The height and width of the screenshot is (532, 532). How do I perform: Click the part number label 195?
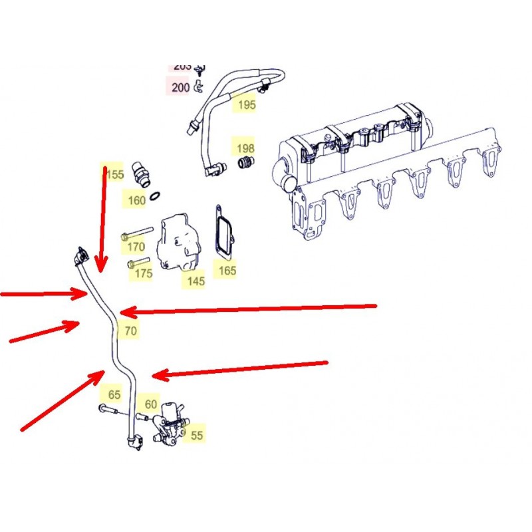(x=246, y=104)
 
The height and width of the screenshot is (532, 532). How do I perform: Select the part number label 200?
(x=180, y=86)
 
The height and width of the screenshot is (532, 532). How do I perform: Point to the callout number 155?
(x=114, y=174)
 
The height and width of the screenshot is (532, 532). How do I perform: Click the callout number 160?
(x=136, y=200)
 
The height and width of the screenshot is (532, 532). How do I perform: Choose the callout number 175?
(x=142, y=273)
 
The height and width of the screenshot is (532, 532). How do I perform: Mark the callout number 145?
(x=196, y=281)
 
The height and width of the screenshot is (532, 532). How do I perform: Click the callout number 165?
(x=227, y=271)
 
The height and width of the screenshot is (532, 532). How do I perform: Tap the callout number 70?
(x=130, y=330)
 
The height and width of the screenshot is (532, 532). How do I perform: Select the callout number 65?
(x=114, y=395)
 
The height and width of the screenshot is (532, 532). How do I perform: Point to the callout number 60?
(x=151, y=404)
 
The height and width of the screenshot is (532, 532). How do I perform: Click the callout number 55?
(x=197, y=436)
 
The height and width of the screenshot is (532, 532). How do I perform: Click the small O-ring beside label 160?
(x=154, y=196)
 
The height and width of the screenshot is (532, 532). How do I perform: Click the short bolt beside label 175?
(x=138, y=261)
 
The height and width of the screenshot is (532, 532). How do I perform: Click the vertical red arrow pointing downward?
(x=102, y=219)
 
